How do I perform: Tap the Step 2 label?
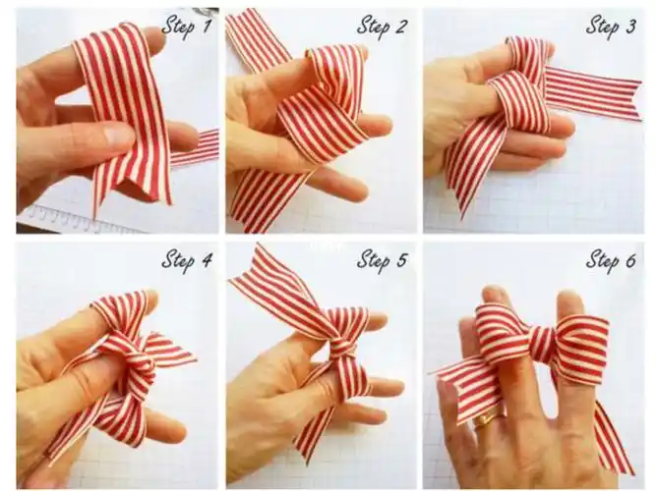click(382, 26)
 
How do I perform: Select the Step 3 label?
click(611, 26)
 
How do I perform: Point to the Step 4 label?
click(187, 260)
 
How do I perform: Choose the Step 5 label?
click(382, 260)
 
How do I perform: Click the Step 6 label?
click(611, 260)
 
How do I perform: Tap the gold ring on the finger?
click(485, 418)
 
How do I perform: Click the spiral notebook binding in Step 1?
click(76, 217)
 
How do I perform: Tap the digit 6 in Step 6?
click(630, 260)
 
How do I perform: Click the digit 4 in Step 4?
click(207, 260)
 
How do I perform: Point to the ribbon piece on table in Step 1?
click(194, 147)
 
